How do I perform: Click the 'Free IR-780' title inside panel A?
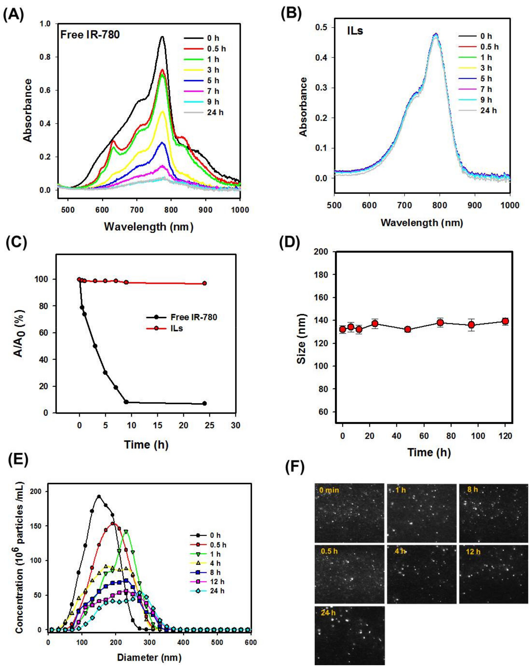tap(90, 34)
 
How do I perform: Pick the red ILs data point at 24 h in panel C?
tap(204, 283)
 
